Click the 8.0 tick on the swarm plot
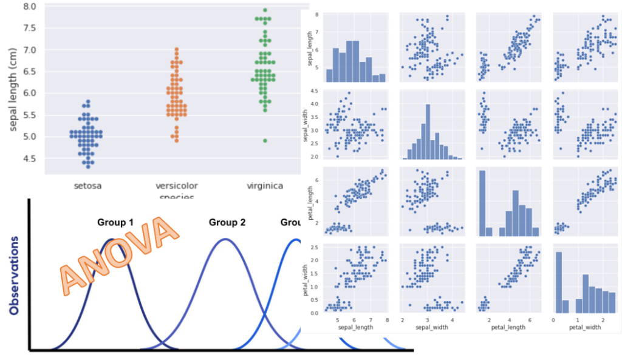(28, 7)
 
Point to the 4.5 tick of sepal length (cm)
(28, 159)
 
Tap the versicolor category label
(176, 186)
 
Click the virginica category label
(265, 186)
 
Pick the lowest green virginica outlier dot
(265, 141)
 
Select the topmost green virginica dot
(265, 10)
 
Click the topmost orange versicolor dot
(176, 50)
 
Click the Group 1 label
(115, 223)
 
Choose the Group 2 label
(227, 223)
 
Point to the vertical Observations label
(14, 276)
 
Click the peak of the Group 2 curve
(225, 239)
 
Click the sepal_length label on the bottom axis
(356, 328)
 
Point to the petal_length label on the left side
(309, 203)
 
